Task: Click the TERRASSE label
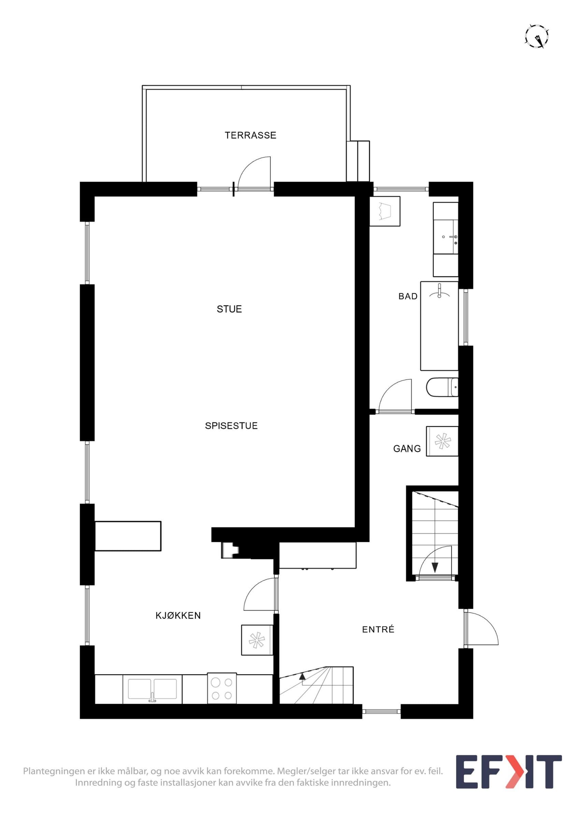point(251,135)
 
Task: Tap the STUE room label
point(229,309)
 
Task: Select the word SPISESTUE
point(231,426)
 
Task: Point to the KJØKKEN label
point(178,615)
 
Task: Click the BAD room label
point(408,296)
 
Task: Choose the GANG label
point(407,449)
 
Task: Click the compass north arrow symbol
point(537,36)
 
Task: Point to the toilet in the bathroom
point(442,387)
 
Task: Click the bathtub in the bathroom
point(439,326)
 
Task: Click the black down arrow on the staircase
point(435,567)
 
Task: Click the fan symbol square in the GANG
point(442,441)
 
